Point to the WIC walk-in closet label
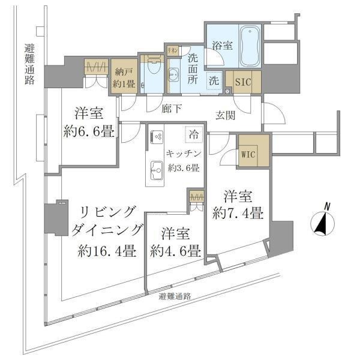249,154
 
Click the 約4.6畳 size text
175,251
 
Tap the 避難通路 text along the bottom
175,296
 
